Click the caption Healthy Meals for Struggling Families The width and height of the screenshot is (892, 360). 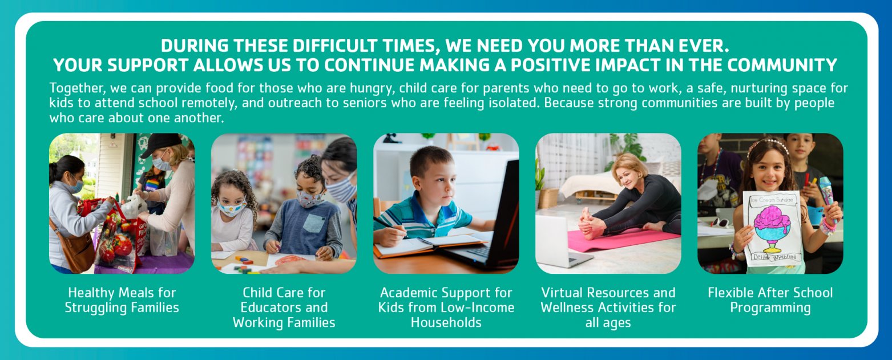[122, 300]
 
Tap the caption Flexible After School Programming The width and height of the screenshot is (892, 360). [770, 300]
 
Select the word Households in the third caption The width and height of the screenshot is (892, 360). [446, 322]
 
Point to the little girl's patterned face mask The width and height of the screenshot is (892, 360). [231, 208]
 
